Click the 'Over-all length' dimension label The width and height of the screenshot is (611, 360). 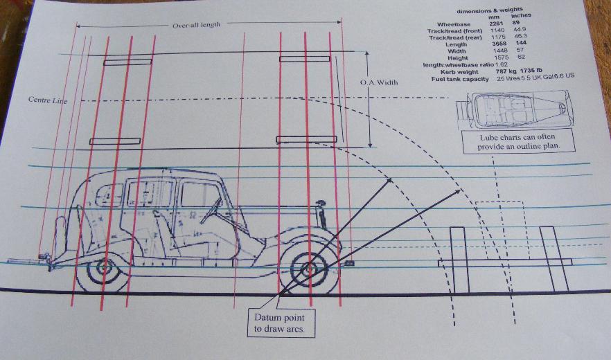(196, 25)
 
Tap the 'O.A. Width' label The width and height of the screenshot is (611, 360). (379, 83)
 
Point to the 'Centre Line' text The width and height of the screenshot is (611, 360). (47, 100)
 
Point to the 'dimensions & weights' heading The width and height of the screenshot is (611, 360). (490, 11)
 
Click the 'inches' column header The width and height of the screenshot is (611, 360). (521, 17)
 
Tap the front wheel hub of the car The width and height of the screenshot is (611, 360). (308, 266)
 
